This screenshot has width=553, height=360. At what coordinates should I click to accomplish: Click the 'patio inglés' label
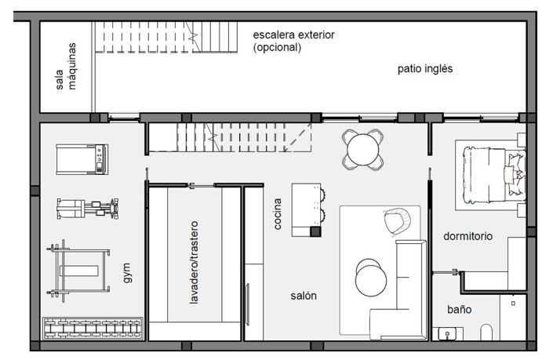tap(424, 69)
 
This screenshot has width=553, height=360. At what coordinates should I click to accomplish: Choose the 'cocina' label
tap(278, 213)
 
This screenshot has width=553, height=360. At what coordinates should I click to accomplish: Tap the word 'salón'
tap(304, 296)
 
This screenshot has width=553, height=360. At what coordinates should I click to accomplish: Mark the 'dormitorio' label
tap(468, 235)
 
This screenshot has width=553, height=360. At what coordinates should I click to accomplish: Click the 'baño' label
tap(459, 309)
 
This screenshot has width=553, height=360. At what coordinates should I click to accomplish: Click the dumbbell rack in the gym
tap(93, 326)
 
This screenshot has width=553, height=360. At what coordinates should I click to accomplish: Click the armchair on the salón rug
tap(397, 220)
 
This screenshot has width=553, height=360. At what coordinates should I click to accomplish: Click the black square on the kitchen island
tap(315, 231)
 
